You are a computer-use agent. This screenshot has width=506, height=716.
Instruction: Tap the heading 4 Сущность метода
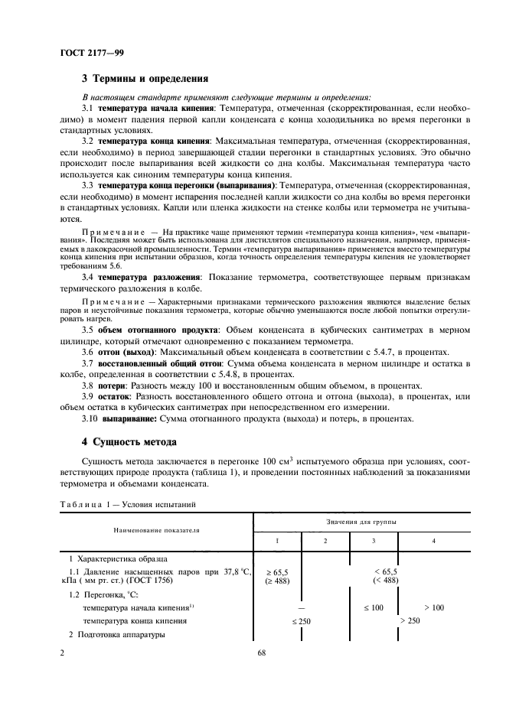(x=129, y=442)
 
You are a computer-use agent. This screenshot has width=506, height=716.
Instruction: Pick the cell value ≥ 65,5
(x=277, y=571)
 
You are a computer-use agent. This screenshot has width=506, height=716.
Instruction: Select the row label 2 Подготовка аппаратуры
(x=116, y=634)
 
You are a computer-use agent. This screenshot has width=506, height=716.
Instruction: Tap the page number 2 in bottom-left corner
(x=61, y=653)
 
